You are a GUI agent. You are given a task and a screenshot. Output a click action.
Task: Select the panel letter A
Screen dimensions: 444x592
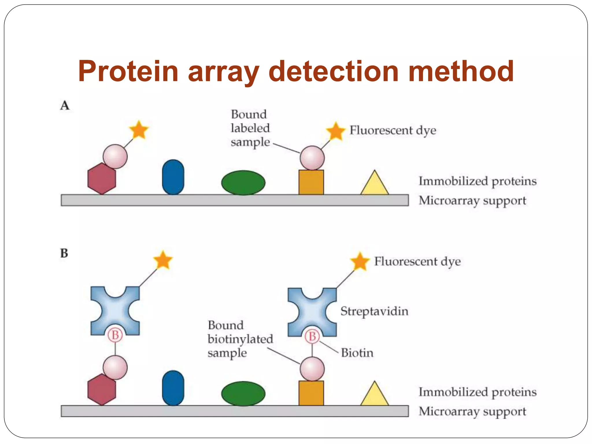(65, 106)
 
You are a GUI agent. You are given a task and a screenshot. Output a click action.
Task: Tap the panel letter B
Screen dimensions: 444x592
(64, 254)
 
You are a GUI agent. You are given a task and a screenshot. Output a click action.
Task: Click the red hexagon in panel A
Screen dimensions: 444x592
(102, 179)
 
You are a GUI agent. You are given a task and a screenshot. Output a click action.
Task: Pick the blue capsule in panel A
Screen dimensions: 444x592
(173, 177)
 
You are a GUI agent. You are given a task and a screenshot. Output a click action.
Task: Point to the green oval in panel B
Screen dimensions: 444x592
(243, 394)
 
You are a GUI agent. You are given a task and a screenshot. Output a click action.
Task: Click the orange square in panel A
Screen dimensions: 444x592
(311, 182)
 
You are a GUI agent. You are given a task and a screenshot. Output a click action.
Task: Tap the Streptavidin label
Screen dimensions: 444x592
(374, 311)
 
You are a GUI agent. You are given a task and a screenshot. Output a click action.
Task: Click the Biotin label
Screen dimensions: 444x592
(357, 353)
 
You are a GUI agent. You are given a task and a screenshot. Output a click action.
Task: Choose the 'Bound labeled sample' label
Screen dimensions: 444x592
(250, 128)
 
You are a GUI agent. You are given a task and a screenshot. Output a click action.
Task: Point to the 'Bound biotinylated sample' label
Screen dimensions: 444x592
(240, 339)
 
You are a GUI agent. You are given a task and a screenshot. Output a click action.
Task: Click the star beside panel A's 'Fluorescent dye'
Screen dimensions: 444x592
(336, 131)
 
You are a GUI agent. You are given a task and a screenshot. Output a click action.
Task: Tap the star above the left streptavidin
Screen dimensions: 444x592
(163, 260)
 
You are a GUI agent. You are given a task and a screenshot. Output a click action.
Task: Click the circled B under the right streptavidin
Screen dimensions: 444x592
(312, 336)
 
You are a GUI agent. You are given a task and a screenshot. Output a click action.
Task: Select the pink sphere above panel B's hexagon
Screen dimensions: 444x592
(115, 367)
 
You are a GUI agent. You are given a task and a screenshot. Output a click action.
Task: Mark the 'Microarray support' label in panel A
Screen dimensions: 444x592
(472, 201)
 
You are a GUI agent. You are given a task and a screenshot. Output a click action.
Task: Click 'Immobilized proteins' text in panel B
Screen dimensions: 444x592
(478, 392)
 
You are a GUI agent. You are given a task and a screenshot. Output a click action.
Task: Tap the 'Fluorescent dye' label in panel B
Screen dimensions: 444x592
(417, 262)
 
